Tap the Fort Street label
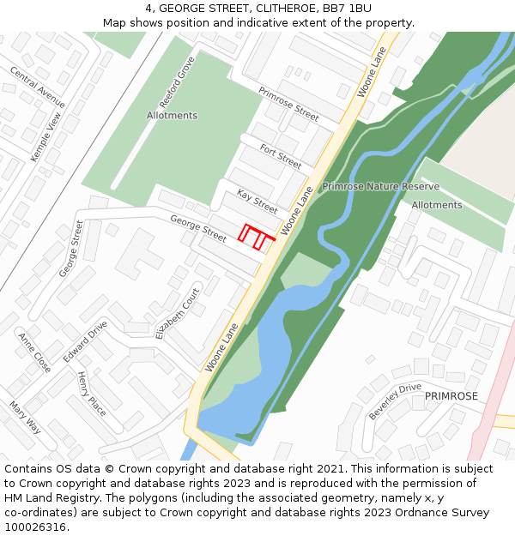281,155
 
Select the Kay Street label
257,202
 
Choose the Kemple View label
46,136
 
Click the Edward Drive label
85,340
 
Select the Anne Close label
34,352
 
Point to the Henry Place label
92,394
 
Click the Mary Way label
25,417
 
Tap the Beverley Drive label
395,400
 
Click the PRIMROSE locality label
451,396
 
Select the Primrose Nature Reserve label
380,186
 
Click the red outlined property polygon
256,236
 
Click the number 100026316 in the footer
36,527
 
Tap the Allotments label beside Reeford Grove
172,116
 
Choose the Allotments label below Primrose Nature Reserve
436,205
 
